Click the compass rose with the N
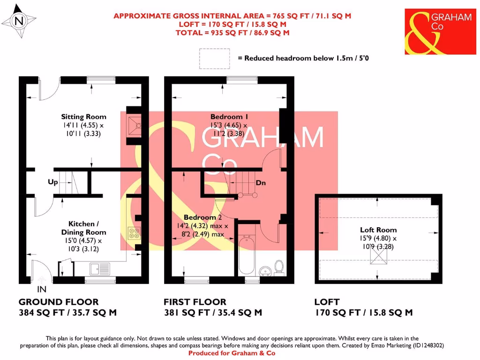pyautogui.click(x=19, y=21)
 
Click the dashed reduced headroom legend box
pyautogui.click(x=214, y=59)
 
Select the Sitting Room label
pyautogui.click(x=83, y=117)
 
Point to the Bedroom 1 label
pyautogui.click(x=229, y=117)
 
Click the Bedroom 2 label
pyautogui.click(x=202, y=217)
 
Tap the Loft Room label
pyautogui.click(x=378, y=230)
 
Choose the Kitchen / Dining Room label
pyautogui.click(x=83, y=228)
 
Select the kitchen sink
pyautogui.click(x=99, y=269)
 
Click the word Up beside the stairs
pyautogui.click(x=52, y=182)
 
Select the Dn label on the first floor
pyautogui.click(x=261, y=183)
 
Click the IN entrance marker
pyautogui.click(x=42, y=290)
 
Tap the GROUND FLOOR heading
pyautogui.click(x=59, y=302)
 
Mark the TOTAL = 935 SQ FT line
pyautogui.click(x=232, y=33)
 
